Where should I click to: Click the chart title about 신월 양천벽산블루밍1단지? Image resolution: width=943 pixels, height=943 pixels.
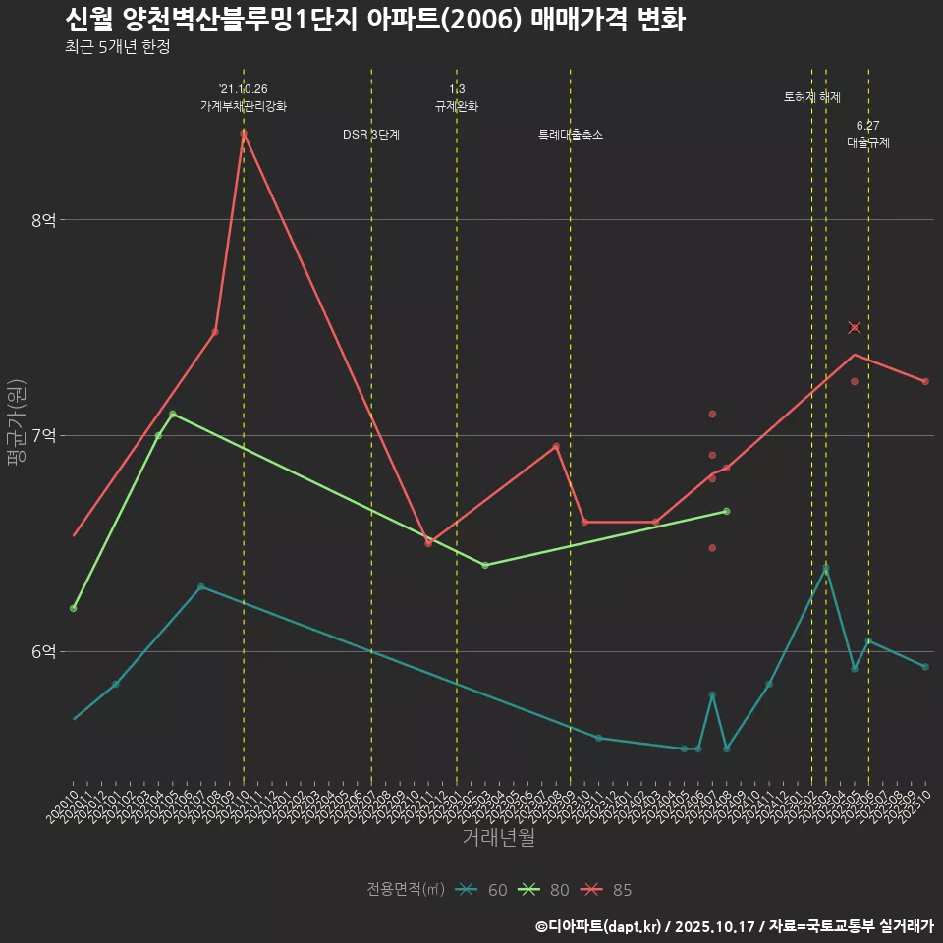374,20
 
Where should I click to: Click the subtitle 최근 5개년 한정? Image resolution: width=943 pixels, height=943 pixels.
117,47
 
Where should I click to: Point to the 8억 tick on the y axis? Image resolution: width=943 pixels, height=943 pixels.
42,220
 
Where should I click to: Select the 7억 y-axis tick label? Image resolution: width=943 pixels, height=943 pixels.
42,435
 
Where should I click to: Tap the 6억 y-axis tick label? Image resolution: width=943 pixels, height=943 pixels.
42,651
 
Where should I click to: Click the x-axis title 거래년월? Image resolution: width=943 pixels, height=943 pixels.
499,838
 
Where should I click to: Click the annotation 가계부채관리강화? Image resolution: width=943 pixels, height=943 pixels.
244,106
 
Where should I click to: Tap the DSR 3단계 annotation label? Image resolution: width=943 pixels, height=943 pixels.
371,135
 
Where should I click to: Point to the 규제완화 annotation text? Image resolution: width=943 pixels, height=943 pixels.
457,106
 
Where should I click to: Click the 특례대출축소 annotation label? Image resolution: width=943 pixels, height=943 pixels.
571,135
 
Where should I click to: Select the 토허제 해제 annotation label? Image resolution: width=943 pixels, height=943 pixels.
812,97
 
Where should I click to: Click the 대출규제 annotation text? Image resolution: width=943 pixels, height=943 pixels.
868,142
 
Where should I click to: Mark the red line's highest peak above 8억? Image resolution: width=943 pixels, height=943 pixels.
244,133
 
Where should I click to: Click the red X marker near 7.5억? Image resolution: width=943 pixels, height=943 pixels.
855,327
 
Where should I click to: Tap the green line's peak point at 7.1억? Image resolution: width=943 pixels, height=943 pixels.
173,414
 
